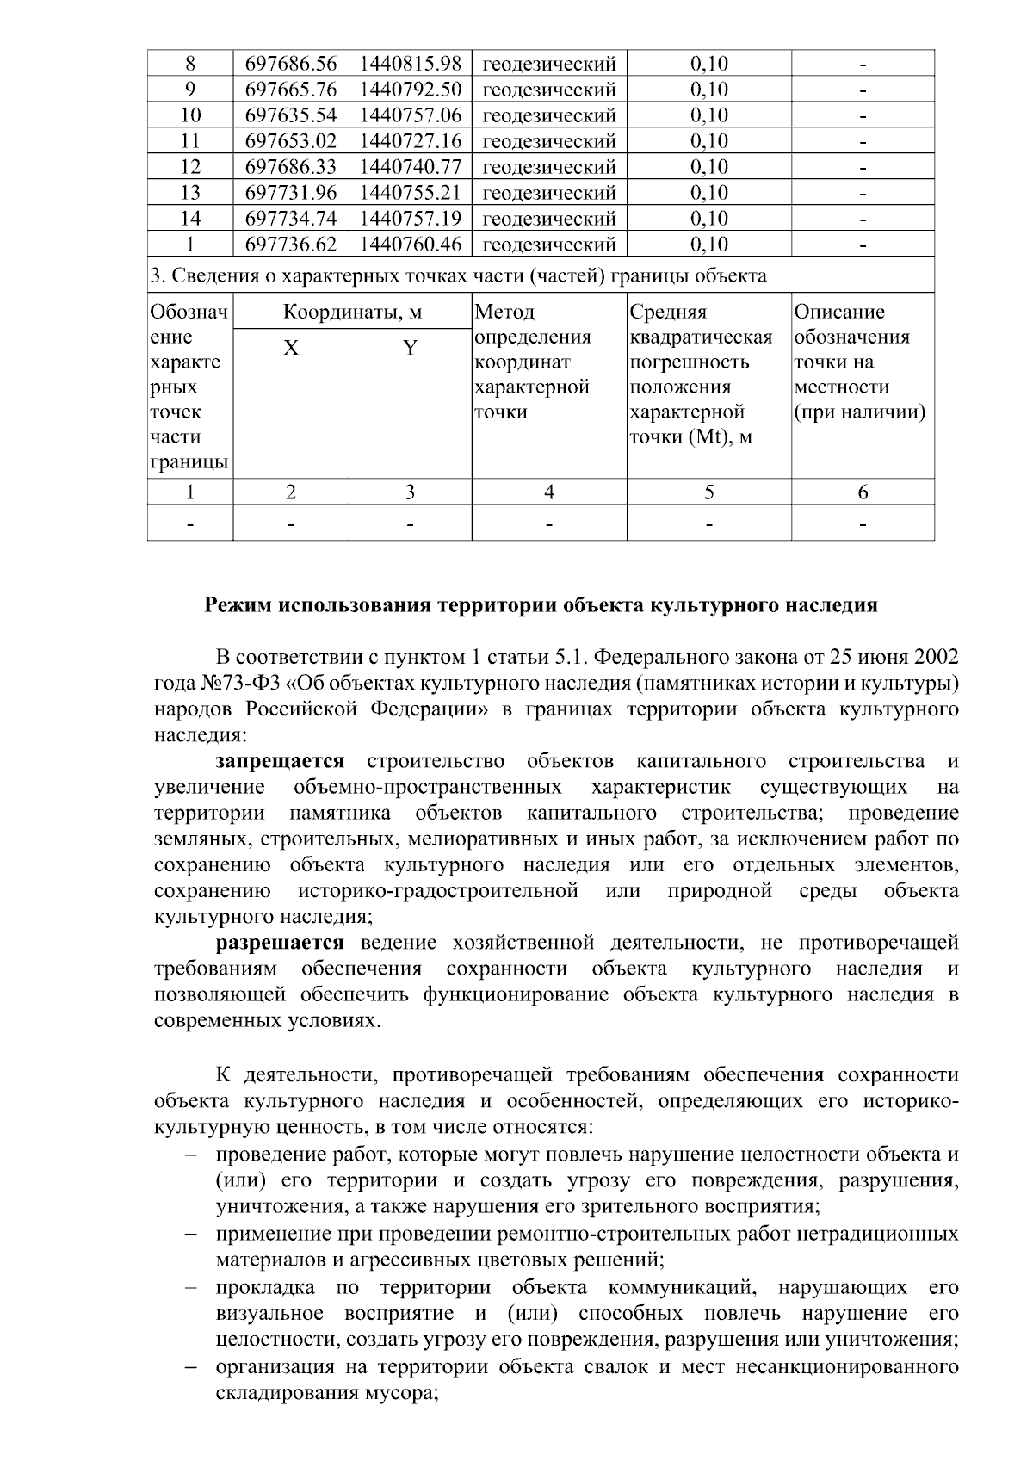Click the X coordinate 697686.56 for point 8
(291, 64)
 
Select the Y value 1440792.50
(410, 90)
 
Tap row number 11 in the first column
(190, 141)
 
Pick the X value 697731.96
(291, 193)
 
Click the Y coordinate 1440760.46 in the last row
(410, 245)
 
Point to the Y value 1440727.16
(410, 141)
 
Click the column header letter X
(291, 348)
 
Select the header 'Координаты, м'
(353, 312)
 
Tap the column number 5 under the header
(708, 492)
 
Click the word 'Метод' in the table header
(504, 312)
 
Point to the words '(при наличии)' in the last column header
(859, 412)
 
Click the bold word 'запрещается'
(280, 761)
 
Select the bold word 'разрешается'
(280, 943)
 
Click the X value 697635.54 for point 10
(291, 115)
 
